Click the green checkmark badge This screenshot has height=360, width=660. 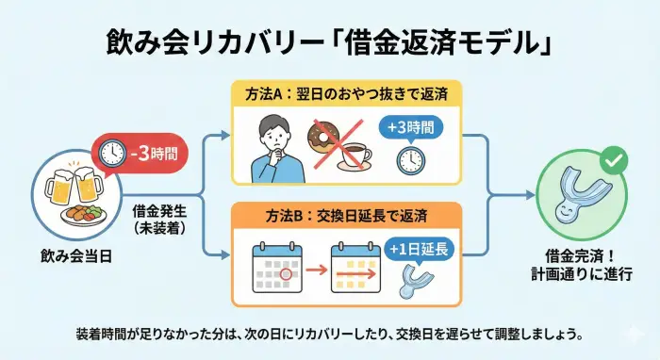tap(614, 160)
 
